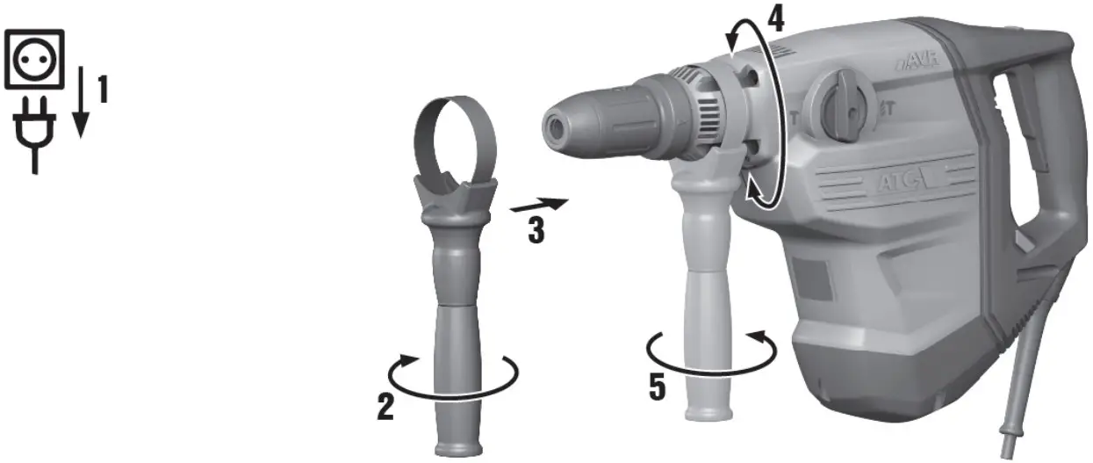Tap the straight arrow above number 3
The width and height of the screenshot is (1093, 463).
[539, 206]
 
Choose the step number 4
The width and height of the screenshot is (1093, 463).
[773, 19]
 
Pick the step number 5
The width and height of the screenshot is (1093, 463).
[657, 387]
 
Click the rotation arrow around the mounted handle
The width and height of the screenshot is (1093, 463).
[711, 351]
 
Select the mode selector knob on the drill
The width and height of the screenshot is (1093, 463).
[844, 105]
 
